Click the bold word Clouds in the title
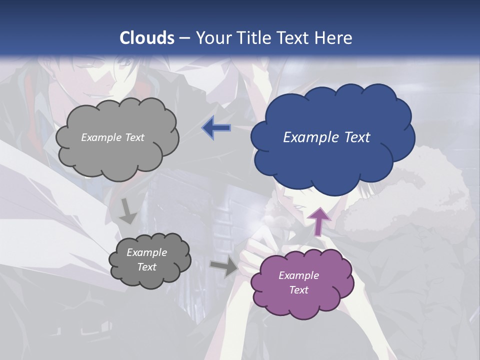(147, 38)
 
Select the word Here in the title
(335, 38)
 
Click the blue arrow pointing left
(216, 128)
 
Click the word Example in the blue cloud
(309, 137)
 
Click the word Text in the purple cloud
(298, 290)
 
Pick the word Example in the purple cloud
(298, 275)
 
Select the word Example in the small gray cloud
(146, 252)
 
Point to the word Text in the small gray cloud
(146, 267)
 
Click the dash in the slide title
(184, 38)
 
